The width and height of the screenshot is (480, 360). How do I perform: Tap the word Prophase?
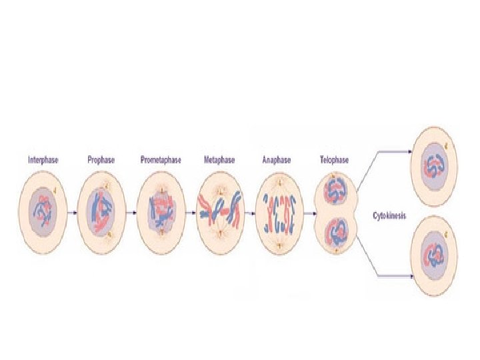click(101, 160)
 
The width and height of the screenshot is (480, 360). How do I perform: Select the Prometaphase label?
click(161, 160)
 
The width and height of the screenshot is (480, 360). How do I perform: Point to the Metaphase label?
click(219, 160)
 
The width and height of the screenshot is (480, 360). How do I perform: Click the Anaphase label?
click(277, 160)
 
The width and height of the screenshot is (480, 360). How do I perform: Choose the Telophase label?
click(335, 160)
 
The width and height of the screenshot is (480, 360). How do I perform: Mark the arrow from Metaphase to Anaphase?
click(249, 213)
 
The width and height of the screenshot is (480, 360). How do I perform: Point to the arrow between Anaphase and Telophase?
click(308, 213)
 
